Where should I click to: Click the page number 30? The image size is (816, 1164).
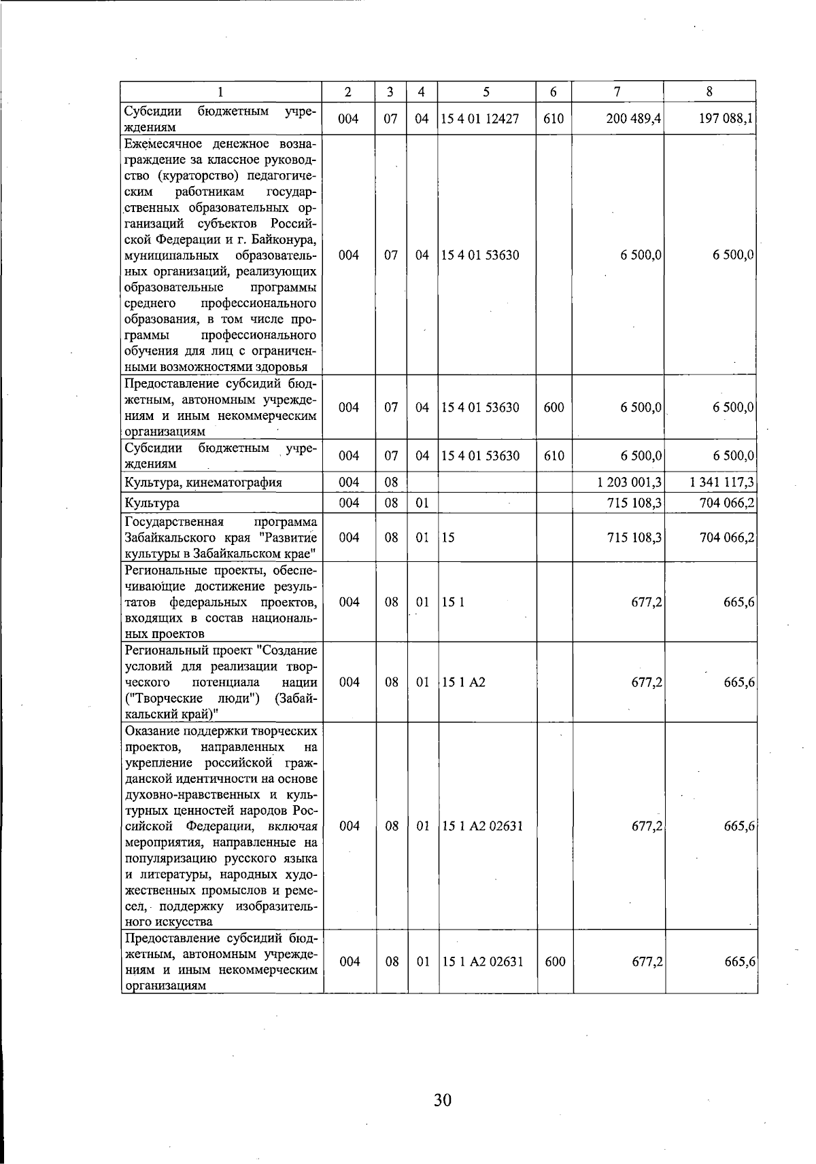(x=443, y=1099)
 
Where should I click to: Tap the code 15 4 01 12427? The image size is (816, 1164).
(x=480, y=119)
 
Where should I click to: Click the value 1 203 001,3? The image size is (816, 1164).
(x=629, y=482)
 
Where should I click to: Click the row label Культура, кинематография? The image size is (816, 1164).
(x=203, y=483)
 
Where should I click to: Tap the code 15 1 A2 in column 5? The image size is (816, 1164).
(x=464, y=682)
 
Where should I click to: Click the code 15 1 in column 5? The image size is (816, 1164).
(x=454, y=602)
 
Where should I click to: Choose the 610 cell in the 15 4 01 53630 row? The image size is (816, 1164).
(x=554, y=456)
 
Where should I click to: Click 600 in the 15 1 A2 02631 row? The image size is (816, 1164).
(x=555, y=962)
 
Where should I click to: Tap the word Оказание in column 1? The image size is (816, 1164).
(x=150, y=731)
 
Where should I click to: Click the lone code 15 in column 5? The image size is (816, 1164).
(x=448, y=537)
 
